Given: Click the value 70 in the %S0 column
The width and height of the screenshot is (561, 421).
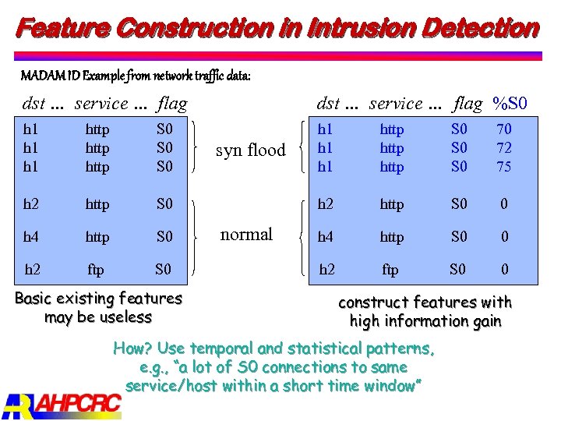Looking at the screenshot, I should coord(504,129).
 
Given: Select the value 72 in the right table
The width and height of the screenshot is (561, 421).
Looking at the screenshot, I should coord(504,148).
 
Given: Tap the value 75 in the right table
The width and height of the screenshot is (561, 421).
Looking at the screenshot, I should coord(504,167).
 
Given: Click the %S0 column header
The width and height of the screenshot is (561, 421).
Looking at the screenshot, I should coord(511,103).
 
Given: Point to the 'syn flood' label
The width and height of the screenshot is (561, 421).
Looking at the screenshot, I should coord(250,150).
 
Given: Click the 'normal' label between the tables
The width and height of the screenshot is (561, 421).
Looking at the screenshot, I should coord(246,235).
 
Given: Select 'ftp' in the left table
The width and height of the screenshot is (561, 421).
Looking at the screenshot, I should coord(95,270).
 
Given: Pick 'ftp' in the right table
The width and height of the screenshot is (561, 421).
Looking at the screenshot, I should coord(390,270).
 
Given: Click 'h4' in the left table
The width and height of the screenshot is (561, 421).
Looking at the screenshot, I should coord(31,236).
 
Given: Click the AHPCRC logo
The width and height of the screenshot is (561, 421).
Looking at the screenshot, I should coord(62,404).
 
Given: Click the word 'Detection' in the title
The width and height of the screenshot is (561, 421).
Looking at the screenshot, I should coord(480,29).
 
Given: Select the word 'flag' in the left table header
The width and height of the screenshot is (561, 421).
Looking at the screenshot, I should coord(171,103).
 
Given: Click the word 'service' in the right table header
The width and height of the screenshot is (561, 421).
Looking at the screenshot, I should coord(396,103).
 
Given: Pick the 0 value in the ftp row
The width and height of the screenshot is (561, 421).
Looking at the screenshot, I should coord(504,270).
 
